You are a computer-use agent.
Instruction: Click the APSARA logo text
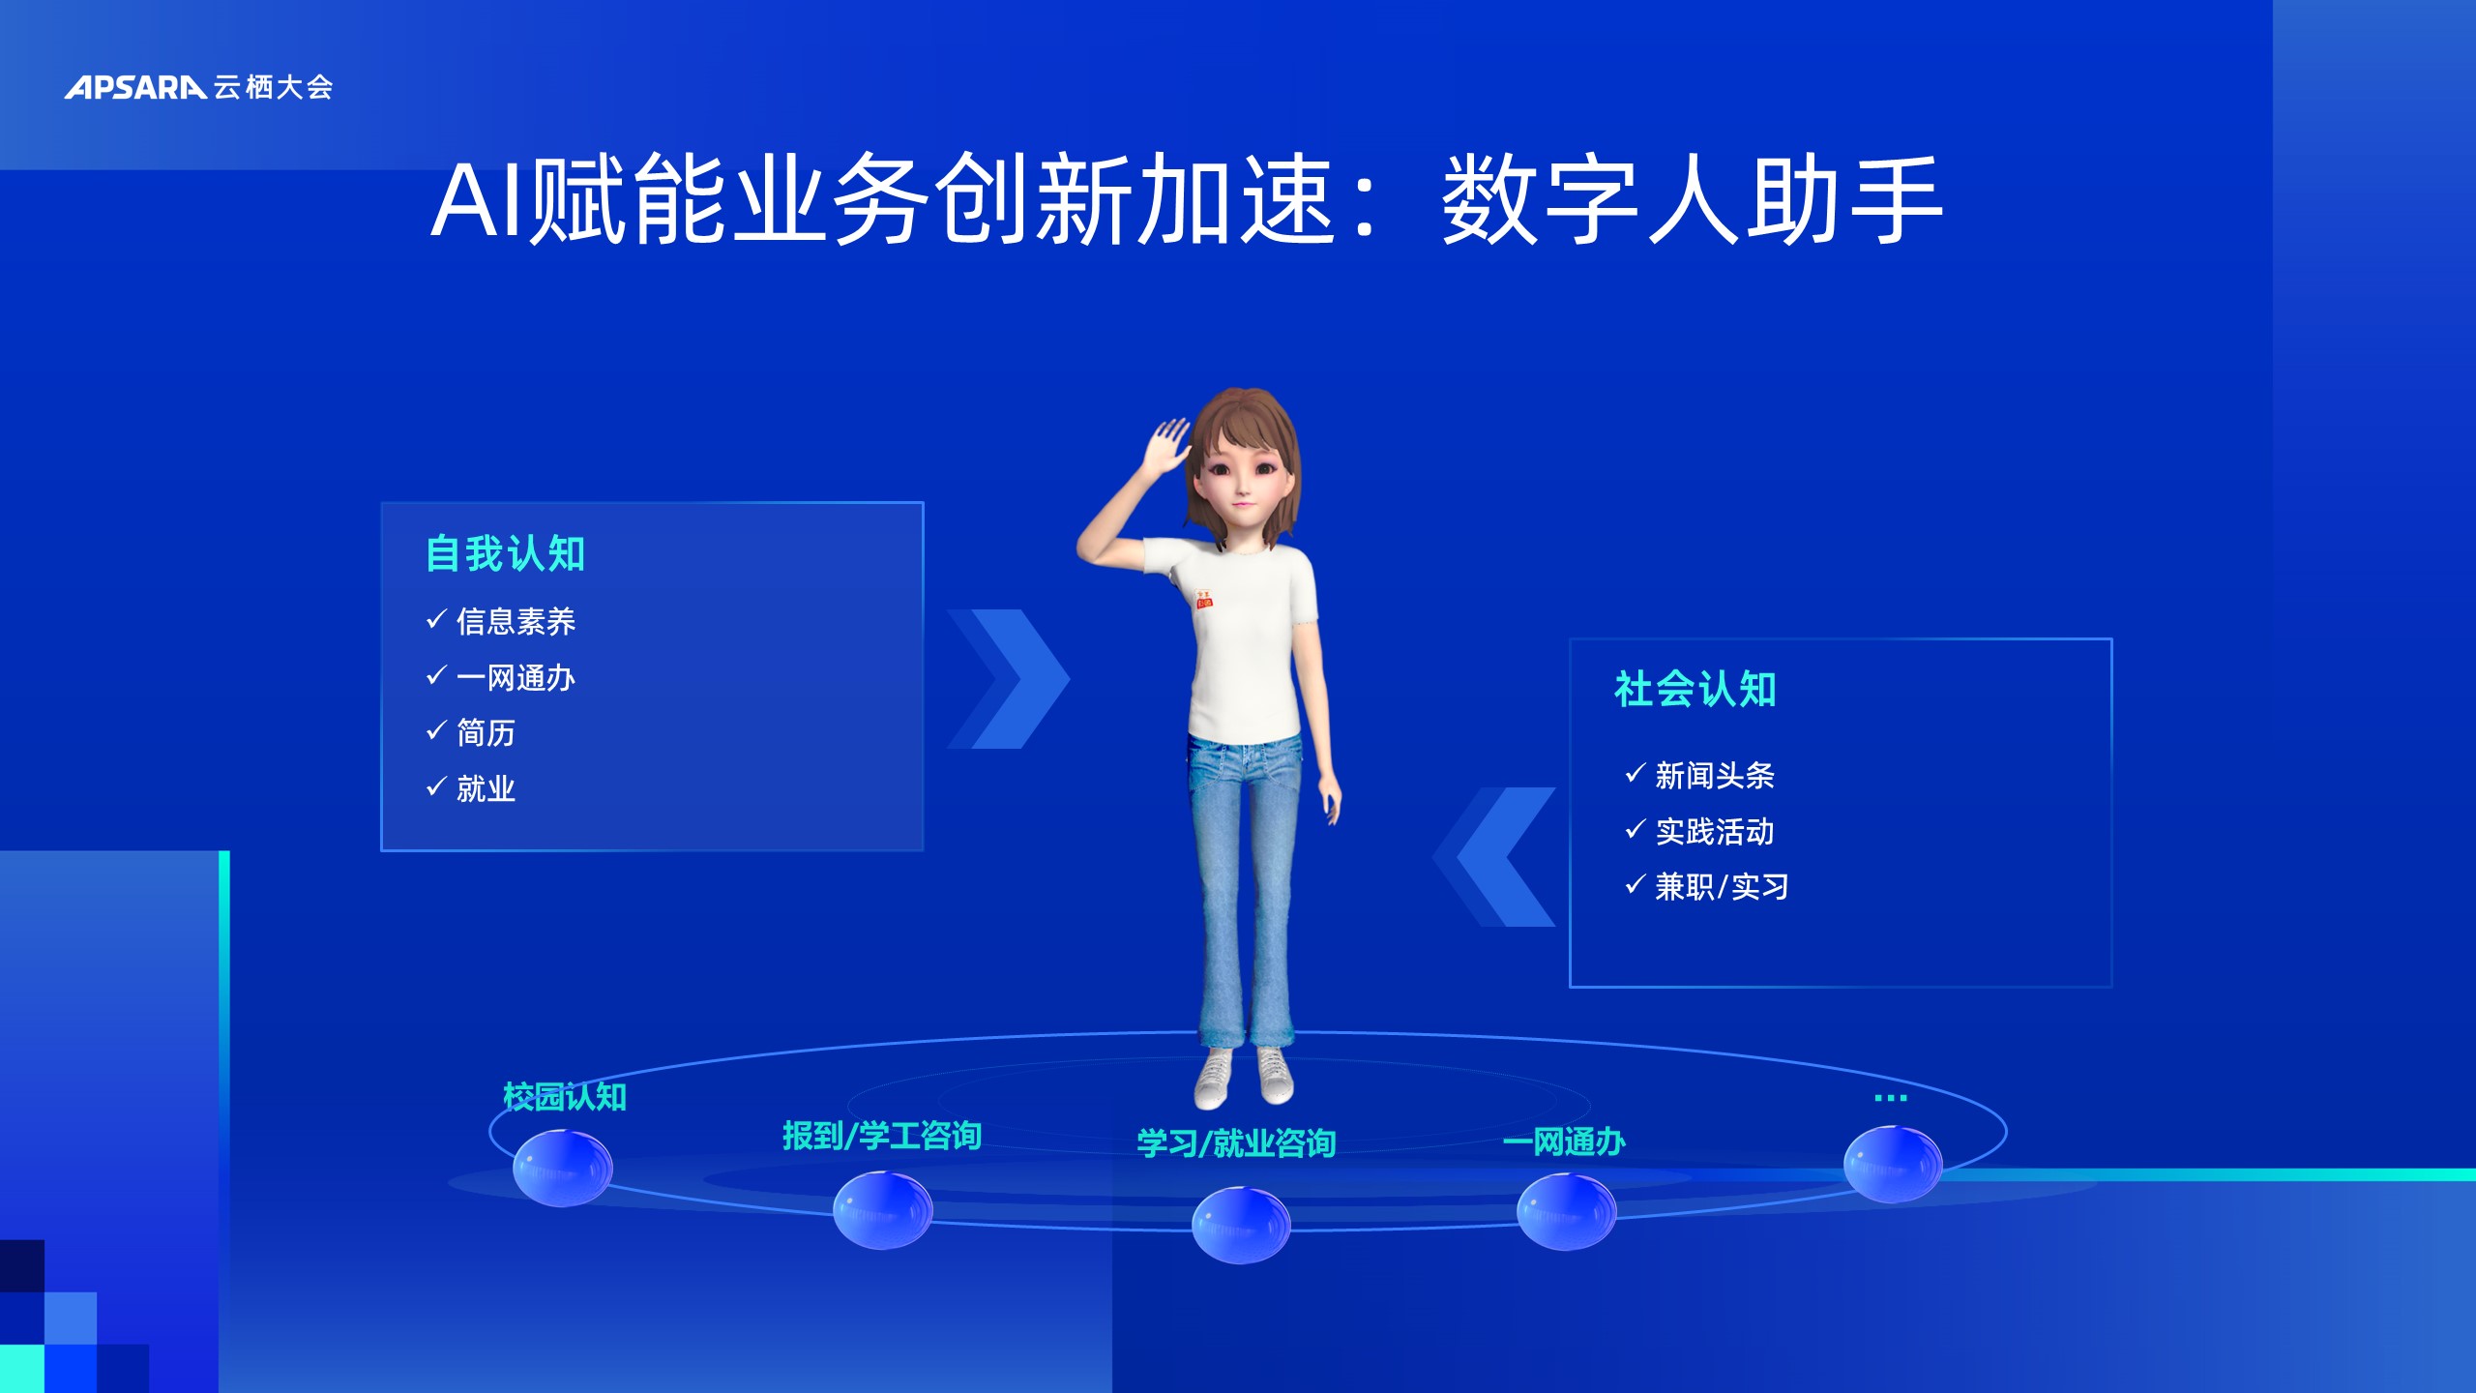click(x=135, y=87)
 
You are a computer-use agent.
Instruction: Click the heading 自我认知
click(x=506, y=554)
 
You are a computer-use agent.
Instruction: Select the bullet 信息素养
click(x=516, y=621)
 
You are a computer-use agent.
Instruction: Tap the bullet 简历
click(x=486, y=732)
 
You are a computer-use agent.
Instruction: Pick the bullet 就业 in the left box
click(x=486, y=788)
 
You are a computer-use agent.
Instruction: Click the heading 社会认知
click(x=1695, y=690)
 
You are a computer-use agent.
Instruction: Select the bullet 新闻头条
click(x=1715, y=775)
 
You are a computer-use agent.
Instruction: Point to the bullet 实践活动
click(x=1715, y=831)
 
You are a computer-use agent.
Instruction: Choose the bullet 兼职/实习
click(x=1722, y=886)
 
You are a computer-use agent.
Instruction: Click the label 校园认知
click(x=565, y=1097)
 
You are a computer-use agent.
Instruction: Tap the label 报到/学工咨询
click(x=882, y=1136)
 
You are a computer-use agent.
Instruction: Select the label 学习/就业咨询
click(x=1236, y=1143)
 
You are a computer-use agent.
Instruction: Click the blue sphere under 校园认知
click(x=562, y=1168)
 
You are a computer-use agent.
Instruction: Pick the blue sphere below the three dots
click(x=1893, y=1164)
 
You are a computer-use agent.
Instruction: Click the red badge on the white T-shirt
click(x=1204, y=600)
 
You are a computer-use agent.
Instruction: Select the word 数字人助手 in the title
click(x=1693, y=200)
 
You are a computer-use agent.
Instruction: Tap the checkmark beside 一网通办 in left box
click(x=436, y=674)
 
